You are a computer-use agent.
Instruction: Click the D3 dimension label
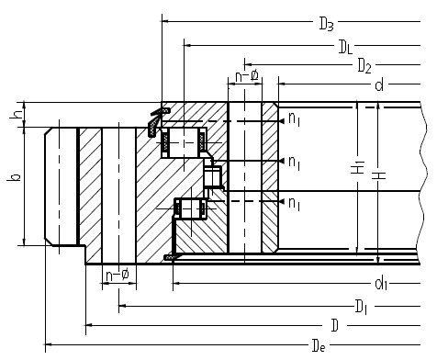click(x=326, y=24)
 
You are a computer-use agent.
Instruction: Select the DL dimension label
click(x=345, y=47)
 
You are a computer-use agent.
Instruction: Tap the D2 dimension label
click(x=364, y=66)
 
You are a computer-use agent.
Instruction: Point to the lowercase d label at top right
click(x=379, y=84)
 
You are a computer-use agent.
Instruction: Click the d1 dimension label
click(x=381, y=284)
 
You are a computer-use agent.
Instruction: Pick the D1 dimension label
click(x=361, y=307)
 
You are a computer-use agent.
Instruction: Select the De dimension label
click(x=319, y=345)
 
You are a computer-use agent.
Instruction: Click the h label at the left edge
click(x=17, y=114)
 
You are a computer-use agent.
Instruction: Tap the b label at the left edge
click(x=14, y=177)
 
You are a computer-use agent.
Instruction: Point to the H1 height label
click(x=357, y=168)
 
